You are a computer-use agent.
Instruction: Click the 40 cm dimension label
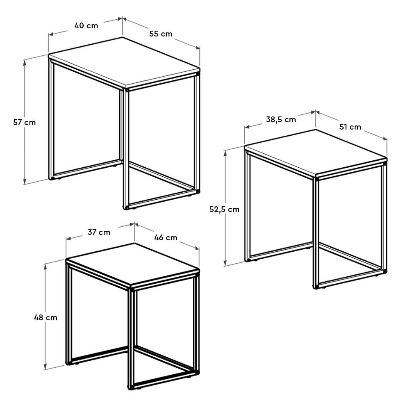click(x=86, y=25)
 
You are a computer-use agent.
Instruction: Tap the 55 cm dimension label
click(x=161, y=34)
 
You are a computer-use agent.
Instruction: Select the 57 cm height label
click(x=24, y=122)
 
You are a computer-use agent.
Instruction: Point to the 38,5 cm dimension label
click(x=281, y=120)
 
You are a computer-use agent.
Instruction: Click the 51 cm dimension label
click(x=350, y=127)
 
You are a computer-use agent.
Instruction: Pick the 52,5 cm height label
click(x=224, y=209)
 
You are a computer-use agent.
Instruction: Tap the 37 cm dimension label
click(x=99, y=232)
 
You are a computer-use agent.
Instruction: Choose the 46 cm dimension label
click(x=166, y=237)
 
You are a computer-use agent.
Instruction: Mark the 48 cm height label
click(x=46, y=317)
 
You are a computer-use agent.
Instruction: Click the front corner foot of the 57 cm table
click(x=126, y=207)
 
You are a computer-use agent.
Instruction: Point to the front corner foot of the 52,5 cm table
click(x=316, y=287)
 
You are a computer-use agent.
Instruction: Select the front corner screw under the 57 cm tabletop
click(x=127, y=89)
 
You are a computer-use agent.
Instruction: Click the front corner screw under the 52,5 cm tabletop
click(x=317, y=179)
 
